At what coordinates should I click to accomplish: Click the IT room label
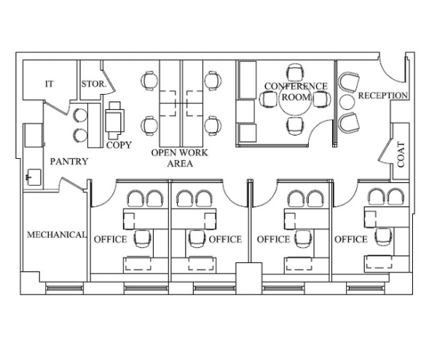(x=50, y=84)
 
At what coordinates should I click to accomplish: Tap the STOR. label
(x=94, y=84)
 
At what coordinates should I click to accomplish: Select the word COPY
(x=119, y=145)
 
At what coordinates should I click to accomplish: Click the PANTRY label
(x=69, y=161)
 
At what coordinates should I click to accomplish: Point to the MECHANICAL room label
(x=56, y=235)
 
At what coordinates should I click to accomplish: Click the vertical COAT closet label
(x=401, y=154)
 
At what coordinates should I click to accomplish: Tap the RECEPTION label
(x=383, y=95)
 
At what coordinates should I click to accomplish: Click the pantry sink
(x=34, y=177)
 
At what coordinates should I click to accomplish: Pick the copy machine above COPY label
(x=114, y=120)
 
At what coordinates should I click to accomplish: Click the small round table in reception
(x=347, y=102)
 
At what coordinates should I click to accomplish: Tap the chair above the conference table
(x=295, y=72)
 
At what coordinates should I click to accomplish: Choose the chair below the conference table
(x=295, y=126)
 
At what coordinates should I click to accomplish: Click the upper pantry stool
(x=80, y=115)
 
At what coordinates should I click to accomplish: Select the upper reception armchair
(x=349, y=82)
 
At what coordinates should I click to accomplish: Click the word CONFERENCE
(x=296, y=86)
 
